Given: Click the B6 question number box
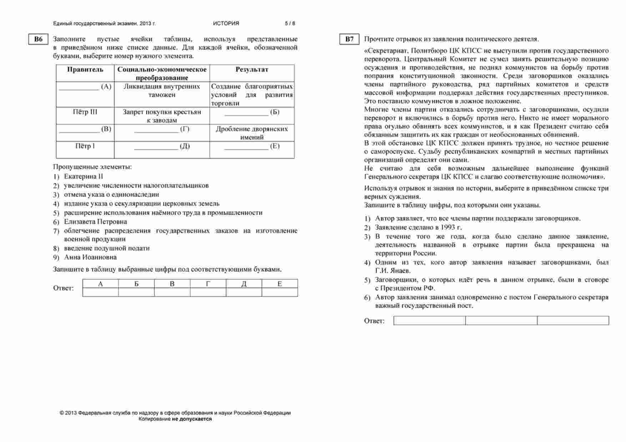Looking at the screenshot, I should (38, 40).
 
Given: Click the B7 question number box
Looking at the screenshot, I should (349, 40).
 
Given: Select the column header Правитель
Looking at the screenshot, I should (85, 70).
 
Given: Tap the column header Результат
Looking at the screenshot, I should (252, 70).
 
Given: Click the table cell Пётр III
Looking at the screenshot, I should (85, 112).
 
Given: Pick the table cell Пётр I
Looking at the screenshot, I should (85, 146).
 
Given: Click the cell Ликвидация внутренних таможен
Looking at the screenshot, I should (162, 91).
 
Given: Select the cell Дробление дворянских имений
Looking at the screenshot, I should (252, 133).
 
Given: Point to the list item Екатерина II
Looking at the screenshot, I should (83, 177).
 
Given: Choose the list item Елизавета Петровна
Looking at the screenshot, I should (95, 222).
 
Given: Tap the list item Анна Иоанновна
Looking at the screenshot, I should (90, 258).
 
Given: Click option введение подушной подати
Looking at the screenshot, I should (107, 248).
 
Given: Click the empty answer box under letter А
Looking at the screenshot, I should (100, 293).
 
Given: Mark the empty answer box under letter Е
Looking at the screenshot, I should (279, 293).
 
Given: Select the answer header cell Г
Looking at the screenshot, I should (208, 284).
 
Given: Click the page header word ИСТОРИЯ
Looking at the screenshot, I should (226, 24).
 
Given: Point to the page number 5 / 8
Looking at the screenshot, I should (290, 24).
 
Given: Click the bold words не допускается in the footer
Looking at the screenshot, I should (192, 419).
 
